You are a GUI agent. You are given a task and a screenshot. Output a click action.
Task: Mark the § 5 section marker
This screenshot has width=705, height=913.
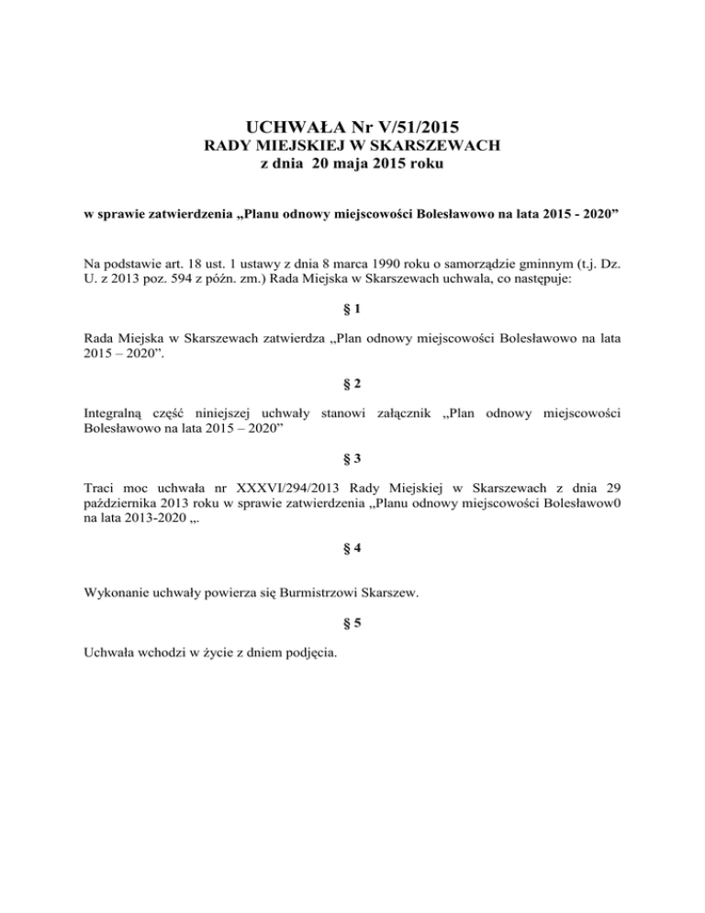(352, 625)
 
